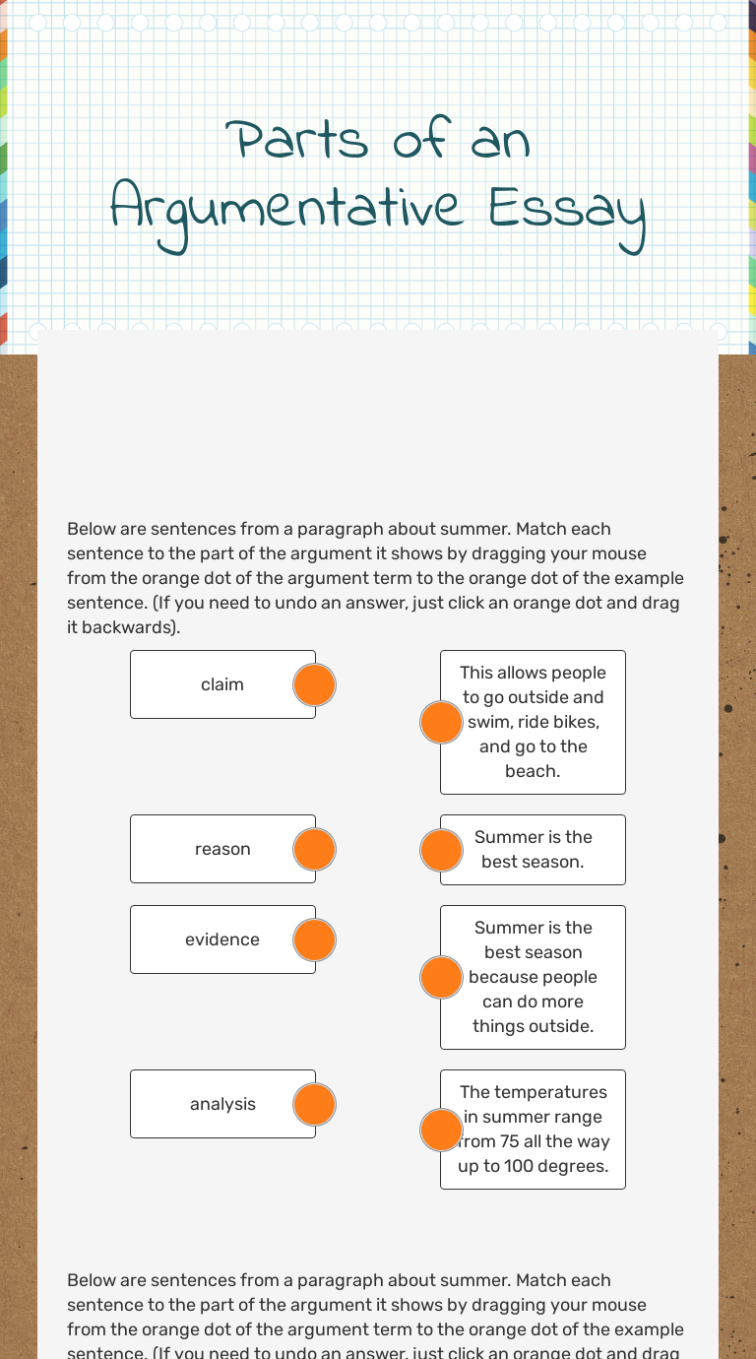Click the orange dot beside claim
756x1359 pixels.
315,684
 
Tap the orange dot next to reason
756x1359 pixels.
315,849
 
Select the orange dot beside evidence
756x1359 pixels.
315,939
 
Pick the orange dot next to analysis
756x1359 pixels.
315,1104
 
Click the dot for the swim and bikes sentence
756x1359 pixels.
441,722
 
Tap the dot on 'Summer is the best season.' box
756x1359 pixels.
441,850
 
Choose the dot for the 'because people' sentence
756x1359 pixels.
441,977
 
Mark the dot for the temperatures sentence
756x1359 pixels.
441,1130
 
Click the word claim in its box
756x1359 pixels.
222,684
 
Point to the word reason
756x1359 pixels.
222,849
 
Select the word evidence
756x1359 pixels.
222,939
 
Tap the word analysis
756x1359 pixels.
222,1104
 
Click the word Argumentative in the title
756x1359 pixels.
285,210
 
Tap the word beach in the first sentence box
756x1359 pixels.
533,771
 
